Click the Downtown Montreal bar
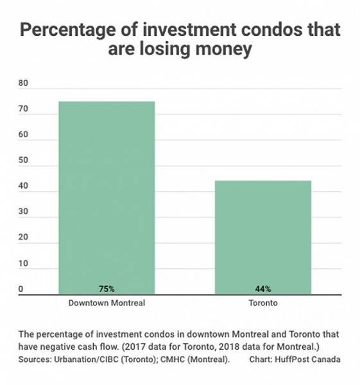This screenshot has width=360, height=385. [x=107, y=198]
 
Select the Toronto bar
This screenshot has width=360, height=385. [x=263, y=237]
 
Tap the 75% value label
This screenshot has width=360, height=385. [x=107, y=289]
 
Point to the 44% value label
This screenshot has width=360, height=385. [x=263, y=289]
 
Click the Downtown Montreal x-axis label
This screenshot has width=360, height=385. [x=107, y=303]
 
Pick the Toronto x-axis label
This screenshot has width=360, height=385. [x=263, y=303]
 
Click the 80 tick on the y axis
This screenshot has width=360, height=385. [x=23, y=83]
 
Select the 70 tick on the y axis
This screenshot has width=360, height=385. [x=23, y=108]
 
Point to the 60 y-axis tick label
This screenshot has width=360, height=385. [x=23, y=134]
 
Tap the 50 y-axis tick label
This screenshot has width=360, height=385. [x=23, y=160]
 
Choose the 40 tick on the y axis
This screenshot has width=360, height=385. [x=23, y=186]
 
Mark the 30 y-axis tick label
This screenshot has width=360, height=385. [x=23, y=211]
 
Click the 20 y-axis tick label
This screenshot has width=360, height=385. [x=23, y=237]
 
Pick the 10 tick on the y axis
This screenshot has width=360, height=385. [x=23, y=264]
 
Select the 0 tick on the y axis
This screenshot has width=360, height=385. [x=21, y=289]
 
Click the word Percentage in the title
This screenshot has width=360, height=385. [x=67, y=30]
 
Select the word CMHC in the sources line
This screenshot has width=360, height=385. [x=173, y=359]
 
